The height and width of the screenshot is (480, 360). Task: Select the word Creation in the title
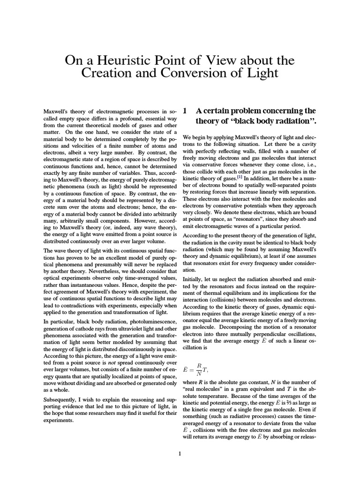108,74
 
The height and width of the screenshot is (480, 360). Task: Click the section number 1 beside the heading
186,111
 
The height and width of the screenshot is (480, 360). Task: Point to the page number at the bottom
180,453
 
